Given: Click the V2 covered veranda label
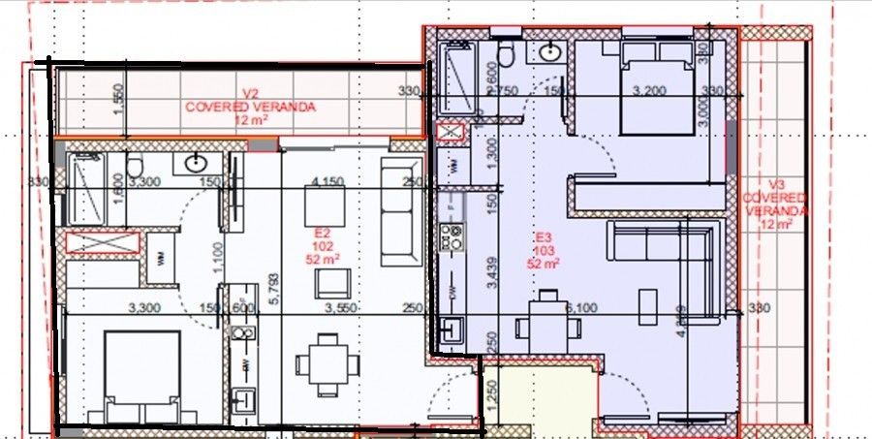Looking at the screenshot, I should [x=250, y=107].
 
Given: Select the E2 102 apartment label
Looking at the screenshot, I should [x=324, y=246].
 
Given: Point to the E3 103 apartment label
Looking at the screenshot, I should [x=544, y=249].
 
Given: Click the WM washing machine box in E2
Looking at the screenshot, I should [x=160, y=257].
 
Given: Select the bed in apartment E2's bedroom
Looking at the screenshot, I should [x=142, y=374].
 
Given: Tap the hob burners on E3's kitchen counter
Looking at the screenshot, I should [x=451, y=235].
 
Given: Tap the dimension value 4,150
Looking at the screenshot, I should [x=328, y=181].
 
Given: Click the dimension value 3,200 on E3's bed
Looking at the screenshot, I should [x=651, y=91].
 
